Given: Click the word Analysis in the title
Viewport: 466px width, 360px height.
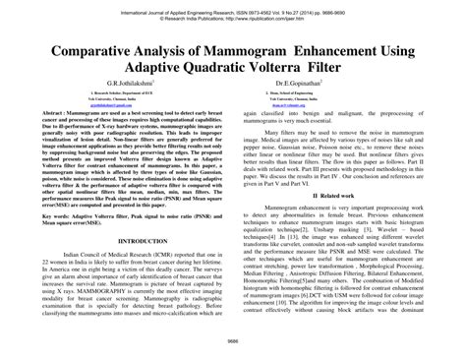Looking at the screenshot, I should (x=169, y=45).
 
